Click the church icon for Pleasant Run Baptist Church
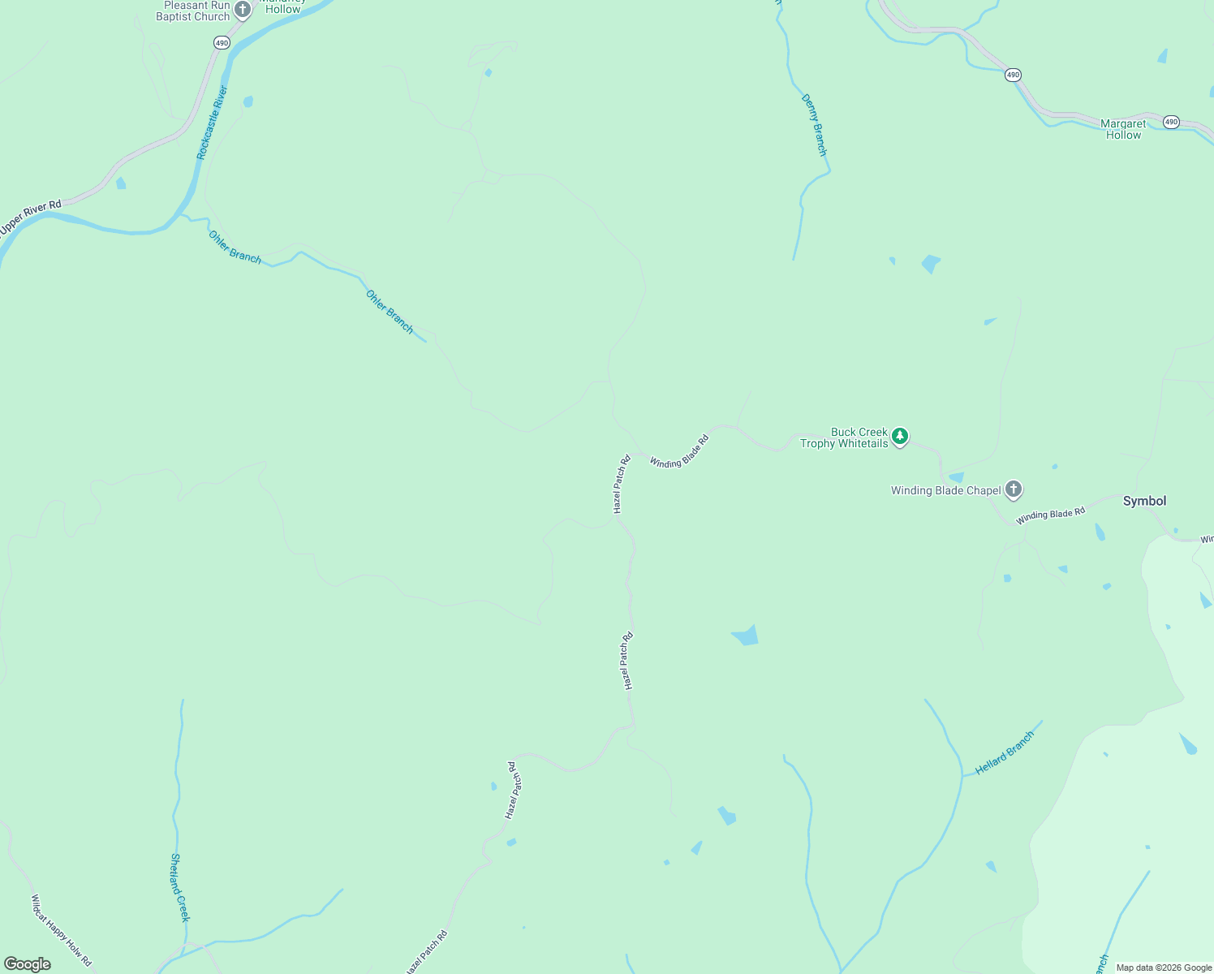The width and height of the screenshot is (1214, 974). (243, 11)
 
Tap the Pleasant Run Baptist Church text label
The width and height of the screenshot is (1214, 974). (196, 11)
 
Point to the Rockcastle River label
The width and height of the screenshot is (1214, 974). (213, 123)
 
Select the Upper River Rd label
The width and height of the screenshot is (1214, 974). (31, 218)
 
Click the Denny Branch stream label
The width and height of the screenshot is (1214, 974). (814, 125)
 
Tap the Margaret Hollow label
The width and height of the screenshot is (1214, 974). (1123, 130)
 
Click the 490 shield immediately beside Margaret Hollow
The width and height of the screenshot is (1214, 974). (1170, 122)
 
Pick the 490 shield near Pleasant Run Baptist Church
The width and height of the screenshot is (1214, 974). (222, 42)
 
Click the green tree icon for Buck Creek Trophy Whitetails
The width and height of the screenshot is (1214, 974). (899, 437)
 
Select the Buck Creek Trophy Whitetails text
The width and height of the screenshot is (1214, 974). (844, 438)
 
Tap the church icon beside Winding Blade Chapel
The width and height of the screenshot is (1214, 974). (1013, 489)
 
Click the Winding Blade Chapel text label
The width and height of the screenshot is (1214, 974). (945, 490)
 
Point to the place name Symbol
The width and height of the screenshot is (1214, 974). (1144, 501)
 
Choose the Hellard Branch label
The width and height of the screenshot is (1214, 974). (1005, 753)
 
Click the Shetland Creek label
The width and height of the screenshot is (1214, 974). (179, 887)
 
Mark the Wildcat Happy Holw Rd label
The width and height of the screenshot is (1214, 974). (61, 929)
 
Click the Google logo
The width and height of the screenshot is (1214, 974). (28, 964)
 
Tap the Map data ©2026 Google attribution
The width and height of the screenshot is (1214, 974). (1164, 968)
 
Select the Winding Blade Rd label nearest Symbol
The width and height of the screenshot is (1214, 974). (1050, 515)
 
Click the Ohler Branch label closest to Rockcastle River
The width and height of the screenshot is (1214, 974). (235, 247)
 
